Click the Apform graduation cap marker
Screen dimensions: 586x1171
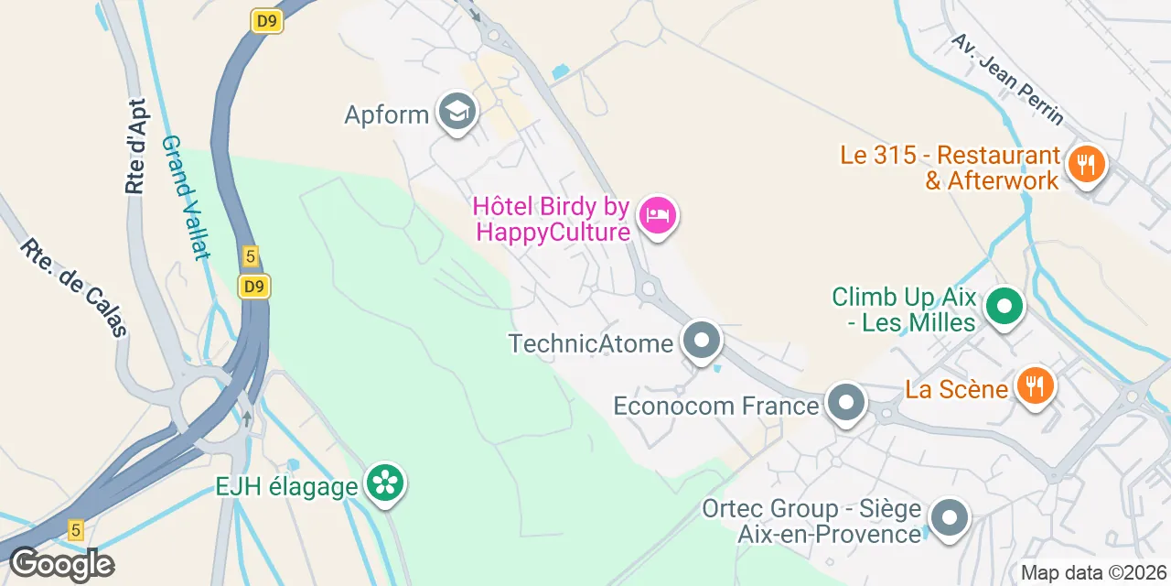[457, 113]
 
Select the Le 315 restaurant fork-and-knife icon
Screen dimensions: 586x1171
[1085, 165]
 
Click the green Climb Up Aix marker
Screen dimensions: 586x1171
[1004, 309]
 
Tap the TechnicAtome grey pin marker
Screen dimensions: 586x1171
[702, 342]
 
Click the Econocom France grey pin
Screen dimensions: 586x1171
[845, 404]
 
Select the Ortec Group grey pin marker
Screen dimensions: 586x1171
[949, 517]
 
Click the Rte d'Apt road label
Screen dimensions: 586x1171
[136, 146]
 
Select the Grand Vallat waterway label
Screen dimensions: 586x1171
[186, 198]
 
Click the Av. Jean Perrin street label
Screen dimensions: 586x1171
[1007, 80]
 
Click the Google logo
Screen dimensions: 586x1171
[61, 563]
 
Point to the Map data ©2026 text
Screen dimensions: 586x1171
[1092, 573]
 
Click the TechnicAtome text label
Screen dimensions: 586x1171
[591, 343]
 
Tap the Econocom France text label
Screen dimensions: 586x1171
[715, 405]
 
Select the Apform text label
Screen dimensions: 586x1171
[387, 114]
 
